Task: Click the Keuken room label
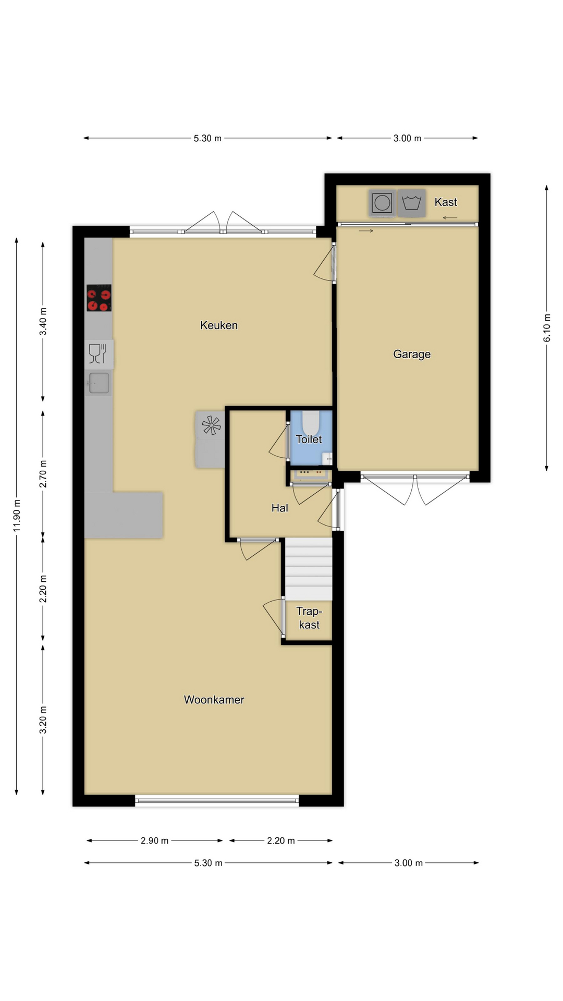pos(219,325)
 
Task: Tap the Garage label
pos(412,355)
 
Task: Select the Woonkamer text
pos(214,700)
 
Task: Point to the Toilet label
pos(309,440)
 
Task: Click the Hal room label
pos(280,508)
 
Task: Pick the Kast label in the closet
pos(446,202)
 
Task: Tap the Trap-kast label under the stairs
pos(309,618)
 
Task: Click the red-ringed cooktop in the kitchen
pos(99,298)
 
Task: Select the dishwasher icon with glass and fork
pos(99,354)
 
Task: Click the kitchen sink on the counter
pos(99,383)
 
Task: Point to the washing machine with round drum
pos(382,203)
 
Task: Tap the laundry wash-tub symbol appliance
pos(411,203)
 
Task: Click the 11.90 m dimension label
pos(17,516)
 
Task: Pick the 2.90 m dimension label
pos(155,840)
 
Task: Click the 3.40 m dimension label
pos(43,322)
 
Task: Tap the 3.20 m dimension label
pos(43,720)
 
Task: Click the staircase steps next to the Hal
pos(309,569)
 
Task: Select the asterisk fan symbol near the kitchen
pos(212,425)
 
